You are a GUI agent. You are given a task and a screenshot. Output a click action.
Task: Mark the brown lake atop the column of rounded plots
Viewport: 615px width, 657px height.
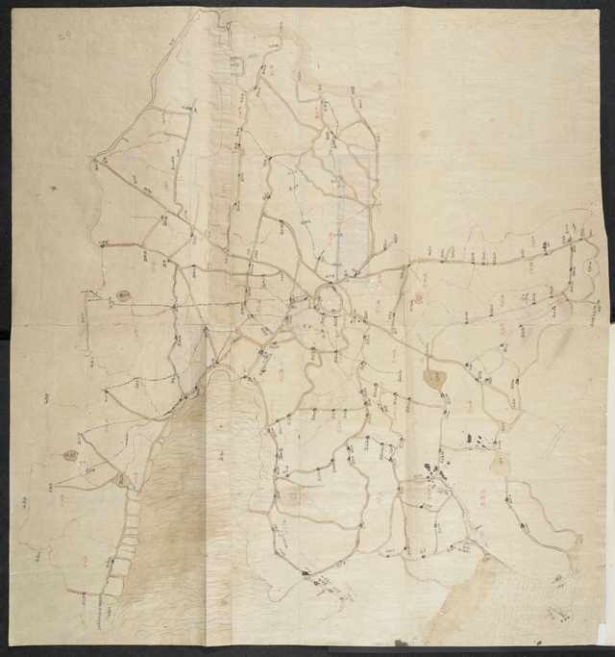pyautogui.click(x=122, y=479)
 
